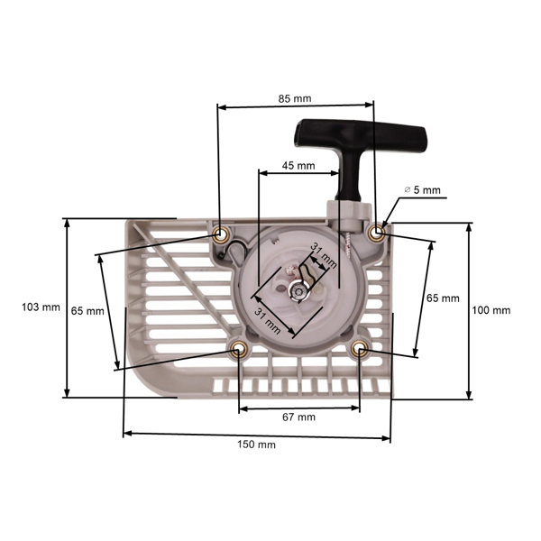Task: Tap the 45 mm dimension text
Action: tap(298, 166)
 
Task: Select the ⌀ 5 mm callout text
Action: tap(423, 190)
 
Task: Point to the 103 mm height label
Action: tap(40, 307)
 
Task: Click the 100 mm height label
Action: tap(491, 310)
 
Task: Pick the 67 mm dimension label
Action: tap(298, 417)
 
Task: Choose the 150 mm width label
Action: tap(256, 445)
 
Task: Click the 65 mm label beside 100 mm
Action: tap(442, 298)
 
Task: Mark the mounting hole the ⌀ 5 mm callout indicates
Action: tap(377, 234)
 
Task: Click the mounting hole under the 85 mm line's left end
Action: tap(220, 234)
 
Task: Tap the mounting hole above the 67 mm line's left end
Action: tap(239, 350)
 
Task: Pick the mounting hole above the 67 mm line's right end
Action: tap(360, 350)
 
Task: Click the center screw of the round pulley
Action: tap(296, 289)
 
